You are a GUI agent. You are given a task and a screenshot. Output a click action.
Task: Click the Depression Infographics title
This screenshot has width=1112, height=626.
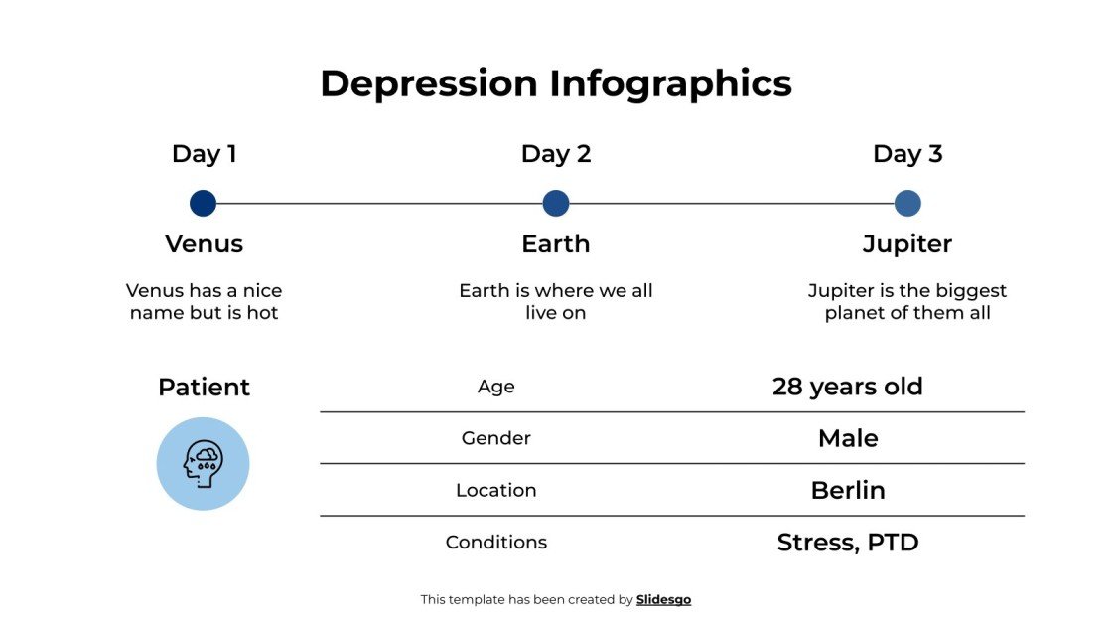click(555, 83)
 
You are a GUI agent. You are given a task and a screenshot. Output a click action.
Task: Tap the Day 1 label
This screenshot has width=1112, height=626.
click(204, 154)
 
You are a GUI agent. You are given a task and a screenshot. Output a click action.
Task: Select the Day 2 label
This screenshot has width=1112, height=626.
click(555, 154)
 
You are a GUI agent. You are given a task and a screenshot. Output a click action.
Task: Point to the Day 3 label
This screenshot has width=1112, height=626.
click(907, 154)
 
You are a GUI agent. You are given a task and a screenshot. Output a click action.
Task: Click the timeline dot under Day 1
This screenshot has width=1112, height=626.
click(203, 204)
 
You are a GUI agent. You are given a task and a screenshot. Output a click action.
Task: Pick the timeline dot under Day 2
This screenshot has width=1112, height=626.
click(556, 204)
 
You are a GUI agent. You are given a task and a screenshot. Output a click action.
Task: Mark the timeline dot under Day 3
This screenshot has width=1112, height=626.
click(907, 204)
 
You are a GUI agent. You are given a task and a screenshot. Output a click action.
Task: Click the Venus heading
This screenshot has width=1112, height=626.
click(204, 244)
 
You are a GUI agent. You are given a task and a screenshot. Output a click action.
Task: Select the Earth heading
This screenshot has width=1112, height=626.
click(555, 244)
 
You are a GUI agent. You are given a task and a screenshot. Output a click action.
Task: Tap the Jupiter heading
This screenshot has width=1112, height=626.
click(907, 244)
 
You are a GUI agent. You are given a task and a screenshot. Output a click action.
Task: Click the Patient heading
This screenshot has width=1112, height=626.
click(204, 388)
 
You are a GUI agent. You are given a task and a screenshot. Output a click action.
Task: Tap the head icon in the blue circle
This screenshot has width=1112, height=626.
click(203, 464)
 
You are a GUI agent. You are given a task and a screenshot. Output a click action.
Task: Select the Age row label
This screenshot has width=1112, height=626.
click(496, 388)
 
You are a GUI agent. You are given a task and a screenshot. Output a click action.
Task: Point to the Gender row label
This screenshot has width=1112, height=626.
click(496, 438)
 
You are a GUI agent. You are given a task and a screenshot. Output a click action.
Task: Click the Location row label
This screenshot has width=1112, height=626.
click(496, 490)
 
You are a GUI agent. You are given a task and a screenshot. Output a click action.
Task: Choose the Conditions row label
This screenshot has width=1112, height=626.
click(496, 543)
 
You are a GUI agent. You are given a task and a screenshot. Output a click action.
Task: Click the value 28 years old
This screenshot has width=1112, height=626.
click(848, 387)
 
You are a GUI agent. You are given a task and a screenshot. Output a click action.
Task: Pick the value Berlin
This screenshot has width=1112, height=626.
click(848, 490)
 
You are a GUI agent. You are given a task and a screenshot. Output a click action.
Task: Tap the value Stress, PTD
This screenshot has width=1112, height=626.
click(848, 543)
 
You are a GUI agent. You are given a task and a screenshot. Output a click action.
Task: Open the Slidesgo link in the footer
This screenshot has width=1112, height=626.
click(663, 600)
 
